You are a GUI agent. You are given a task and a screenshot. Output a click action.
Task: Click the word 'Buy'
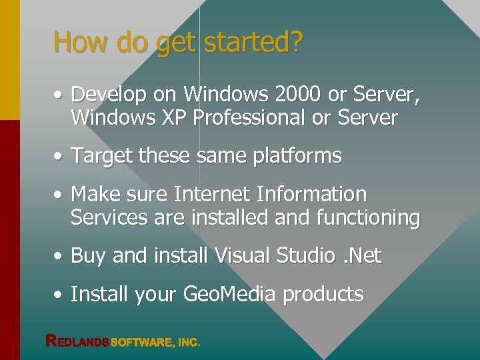click(88, 256)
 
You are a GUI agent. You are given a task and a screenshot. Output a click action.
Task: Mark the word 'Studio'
click(308, 256)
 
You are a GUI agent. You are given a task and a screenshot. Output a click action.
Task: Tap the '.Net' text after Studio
click(364, 256)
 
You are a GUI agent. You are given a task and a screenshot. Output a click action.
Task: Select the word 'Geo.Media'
click(228, 294)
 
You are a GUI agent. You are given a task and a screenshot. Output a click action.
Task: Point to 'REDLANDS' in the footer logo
click(77, 341)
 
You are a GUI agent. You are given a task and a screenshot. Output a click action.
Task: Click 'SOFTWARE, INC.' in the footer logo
click(155, 342)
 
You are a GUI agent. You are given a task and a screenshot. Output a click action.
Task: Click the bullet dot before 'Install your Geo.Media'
click(59, 295)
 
